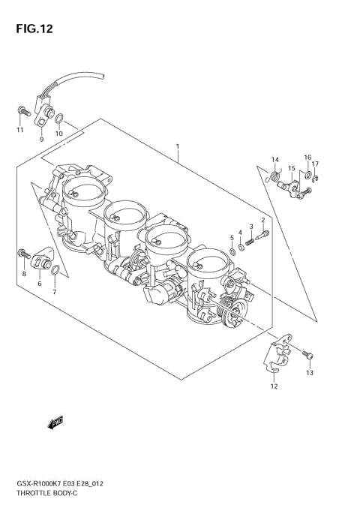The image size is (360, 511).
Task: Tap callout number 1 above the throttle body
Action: [177, 146]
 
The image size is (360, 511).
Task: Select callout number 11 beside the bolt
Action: [20, 131]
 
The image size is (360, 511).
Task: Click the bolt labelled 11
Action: [21, 113]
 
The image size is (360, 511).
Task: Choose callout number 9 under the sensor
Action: [41, 139]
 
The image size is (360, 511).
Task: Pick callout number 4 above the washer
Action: [240, 232]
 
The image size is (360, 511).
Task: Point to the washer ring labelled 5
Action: [233, 251]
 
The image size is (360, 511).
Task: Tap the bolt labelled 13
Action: [307, 353]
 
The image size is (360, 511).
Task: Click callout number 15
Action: [291, 169]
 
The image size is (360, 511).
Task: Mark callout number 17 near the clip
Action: [316, 164]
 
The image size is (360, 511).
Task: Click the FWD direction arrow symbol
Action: [55, 424]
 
